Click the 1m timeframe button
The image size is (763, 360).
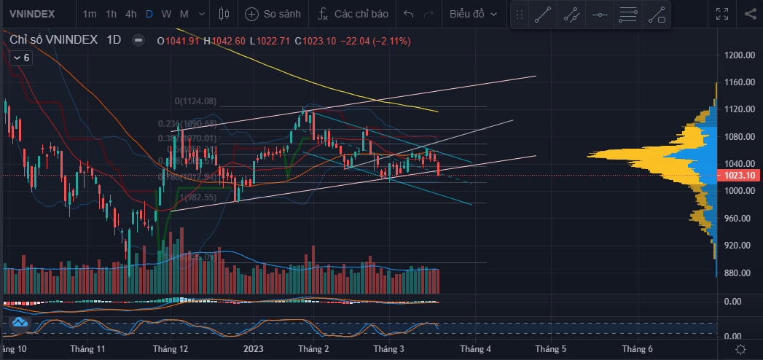pyautogui.click(x=89, y=14)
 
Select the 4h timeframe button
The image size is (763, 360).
pyautogui.click(x=130, y=14)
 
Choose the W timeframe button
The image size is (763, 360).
pyautogui.click(x=167, y=14)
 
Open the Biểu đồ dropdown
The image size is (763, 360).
pyautogui.click(x=474, y=14)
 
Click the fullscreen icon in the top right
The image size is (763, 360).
pyautogui.click(x=722, y=14)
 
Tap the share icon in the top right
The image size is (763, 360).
pyautogui.click(x=751, y=14)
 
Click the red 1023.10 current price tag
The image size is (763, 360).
pyautogui.click(x=739, y=176)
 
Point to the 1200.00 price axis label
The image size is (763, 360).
pyautogui.click(x=739, y=55)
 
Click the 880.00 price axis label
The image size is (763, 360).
pyautogui.click(x=739, y=273)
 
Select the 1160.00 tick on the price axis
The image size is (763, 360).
pyautogui.click(x=739, y=82)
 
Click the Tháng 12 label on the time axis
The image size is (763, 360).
pyautogui.click(x=170, y=350)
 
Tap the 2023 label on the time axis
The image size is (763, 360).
pyautogui.click(x=253, y=350)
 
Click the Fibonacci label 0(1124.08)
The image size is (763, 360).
pyautogui.click(x=196, y=101)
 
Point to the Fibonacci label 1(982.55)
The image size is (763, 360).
pyautogui.click(x=197, y=197)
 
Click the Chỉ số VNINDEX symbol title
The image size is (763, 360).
pyautogui.click(x=54, y=41)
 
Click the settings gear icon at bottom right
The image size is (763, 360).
pyautogui.click(x=740, y=350)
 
